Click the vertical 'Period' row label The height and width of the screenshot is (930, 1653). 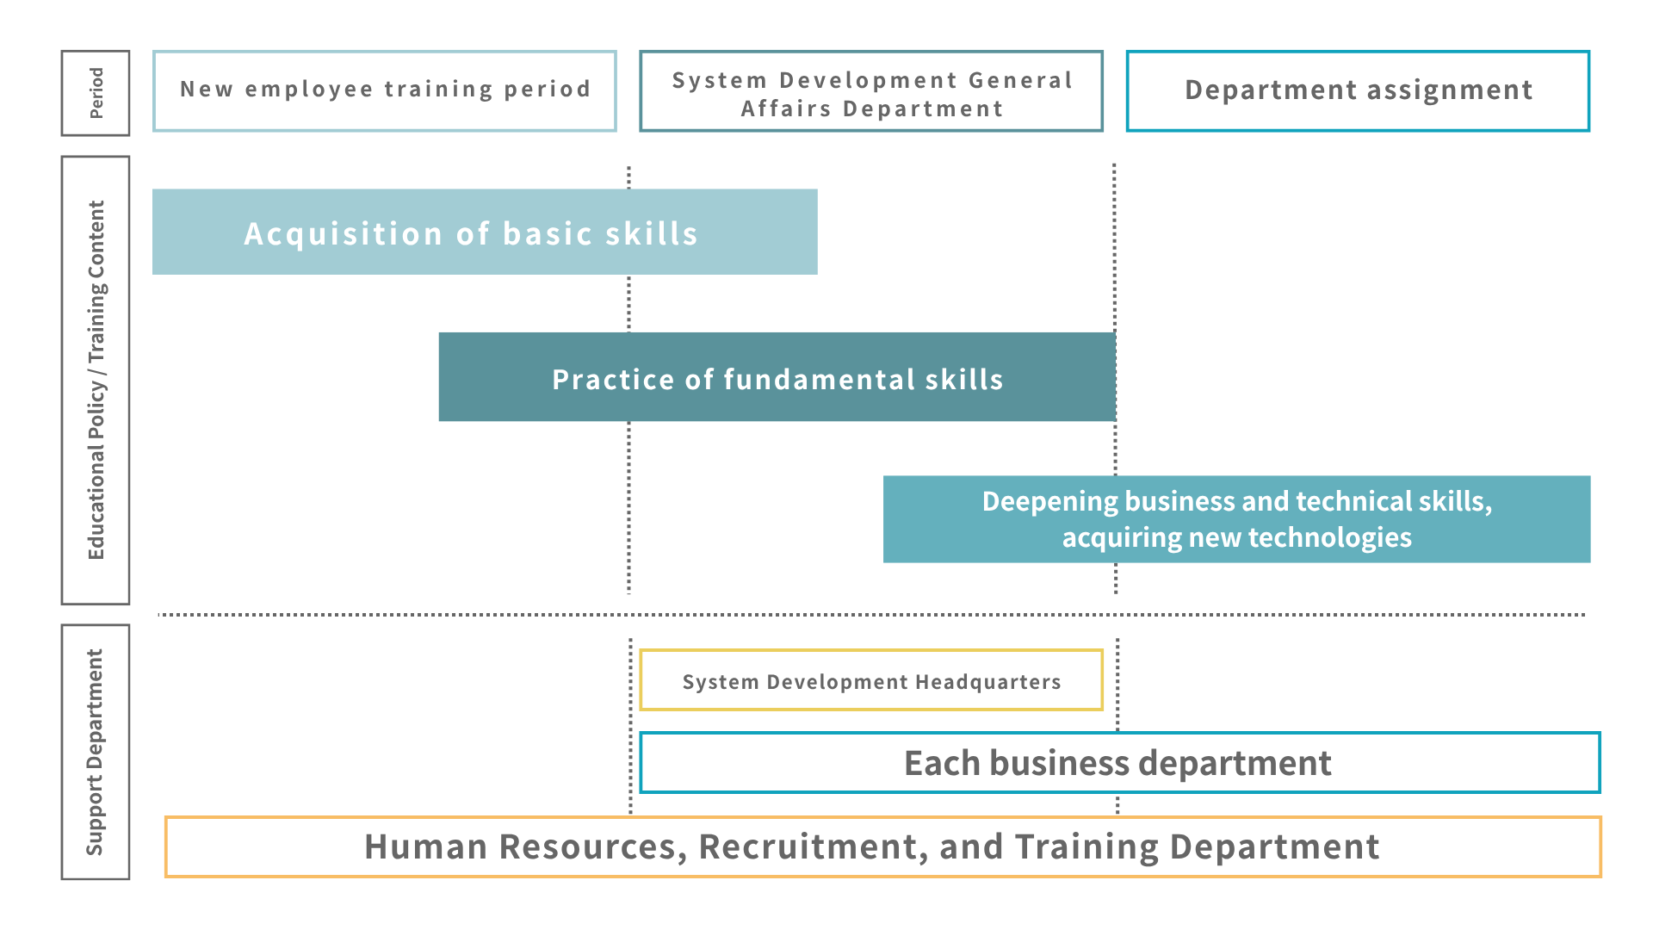(x=96, y=93)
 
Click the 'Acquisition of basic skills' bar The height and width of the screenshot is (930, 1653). (x=485, y=232)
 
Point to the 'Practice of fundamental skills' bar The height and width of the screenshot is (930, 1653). (x=777, y=376)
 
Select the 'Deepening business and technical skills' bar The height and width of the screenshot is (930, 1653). (x=1236, y=519)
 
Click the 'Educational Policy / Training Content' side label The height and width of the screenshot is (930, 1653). (x=96, y=380)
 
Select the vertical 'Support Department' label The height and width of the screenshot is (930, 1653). (x=96, y=752)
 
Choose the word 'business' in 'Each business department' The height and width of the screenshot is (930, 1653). (x=1060, y=763)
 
